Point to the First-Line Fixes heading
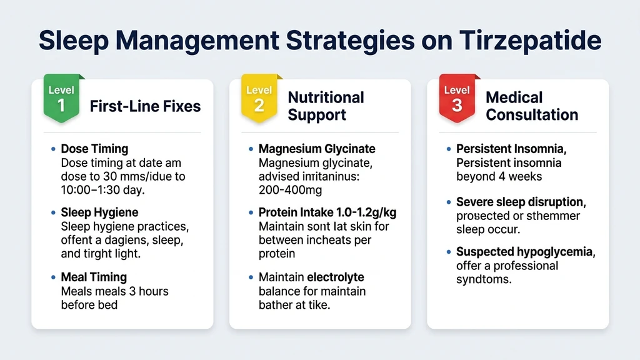145,106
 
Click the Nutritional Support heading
326,106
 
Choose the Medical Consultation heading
531,106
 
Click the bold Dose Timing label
94,149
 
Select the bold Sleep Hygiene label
99,212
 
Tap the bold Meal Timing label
94,277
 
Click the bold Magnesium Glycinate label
317,149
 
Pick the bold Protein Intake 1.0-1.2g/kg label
327,212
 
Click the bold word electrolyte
335,277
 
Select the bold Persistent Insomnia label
518,149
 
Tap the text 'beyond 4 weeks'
499,177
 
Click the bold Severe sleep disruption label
526,202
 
